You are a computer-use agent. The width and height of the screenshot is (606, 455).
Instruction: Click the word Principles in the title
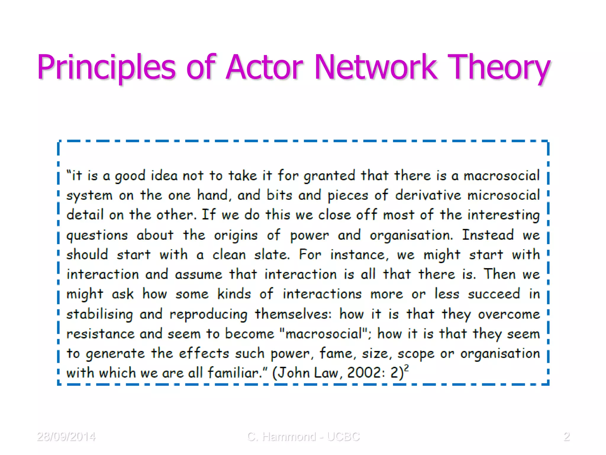(x=107, y=67)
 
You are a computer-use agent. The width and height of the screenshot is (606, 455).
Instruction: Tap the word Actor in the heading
(x=264, y=67)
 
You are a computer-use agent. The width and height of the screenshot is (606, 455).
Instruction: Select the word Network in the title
(x=375, y=67)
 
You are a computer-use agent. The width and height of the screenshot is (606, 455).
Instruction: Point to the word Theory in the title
(x=499, y=67)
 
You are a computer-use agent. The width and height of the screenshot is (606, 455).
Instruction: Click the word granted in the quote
(x=329, y=176)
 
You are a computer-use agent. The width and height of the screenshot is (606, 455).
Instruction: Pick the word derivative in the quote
(x=428, y=196)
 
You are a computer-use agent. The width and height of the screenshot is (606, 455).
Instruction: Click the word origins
(x=236, y=235)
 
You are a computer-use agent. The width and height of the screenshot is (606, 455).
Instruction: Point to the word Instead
(x=488, y=235)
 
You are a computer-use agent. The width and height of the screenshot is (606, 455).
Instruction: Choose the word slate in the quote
(x=272, y=255)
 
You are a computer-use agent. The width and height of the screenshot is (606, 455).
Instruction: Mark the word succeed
(x=494, y=294)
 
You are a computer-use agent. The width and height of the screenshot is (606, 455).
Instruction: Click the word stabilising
(x=99, y=314)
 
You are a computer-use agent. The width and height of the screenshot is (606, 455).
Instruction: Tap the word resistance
(x=100, y=334)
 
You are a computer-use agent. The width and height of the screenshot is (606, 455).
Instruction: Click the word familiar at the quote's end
(x=234, y=373)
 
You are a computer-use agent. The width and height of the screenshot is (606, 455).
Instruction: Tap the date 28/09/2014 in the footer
(x=66, y=437)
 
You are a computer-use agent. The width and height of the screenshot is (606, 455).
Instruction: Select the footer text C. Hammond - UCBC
(x=303, y=437)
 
